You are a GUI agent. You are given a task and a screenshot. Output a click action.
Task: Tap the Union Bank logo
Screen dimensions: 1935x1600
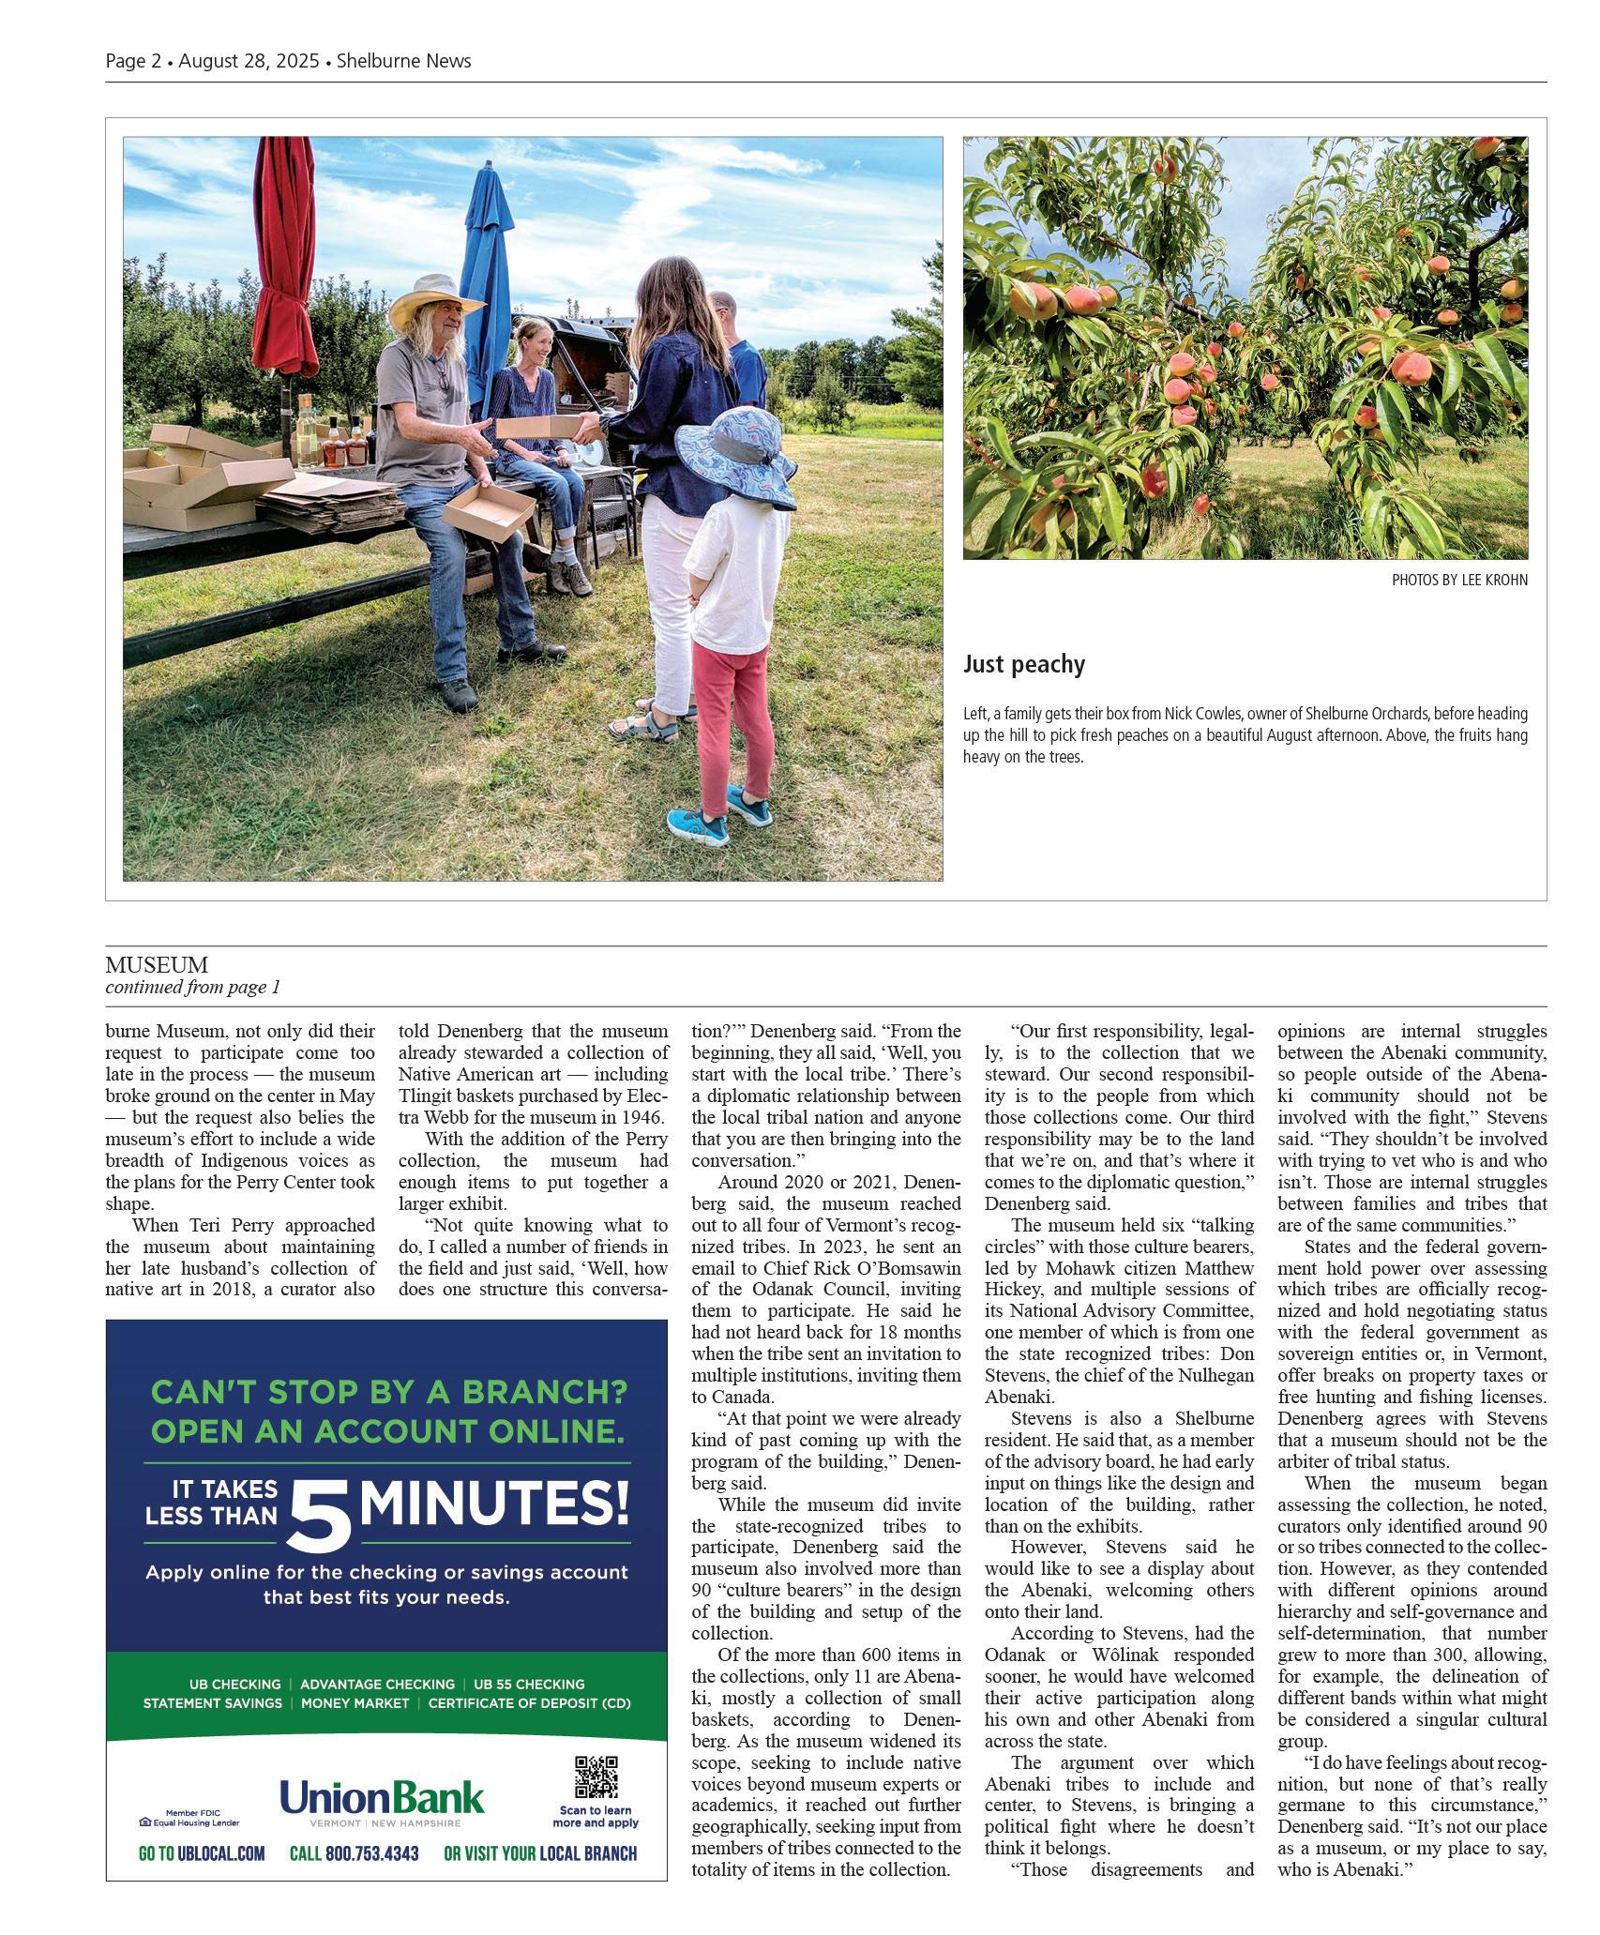382,1799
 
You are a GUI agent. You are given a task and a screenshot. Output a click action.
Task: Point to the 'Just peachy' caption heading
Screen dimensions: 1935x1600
1023,664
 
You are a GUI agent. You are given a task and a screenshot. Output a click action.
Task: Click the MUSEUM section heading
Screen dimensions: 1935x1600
157,964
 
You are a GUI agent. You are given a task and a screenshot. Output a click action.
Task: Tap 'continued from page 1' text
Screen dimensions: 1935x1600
192,987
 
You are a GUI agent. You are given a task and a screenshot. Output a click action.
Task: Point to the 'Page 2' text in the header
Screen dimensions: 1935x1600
132,61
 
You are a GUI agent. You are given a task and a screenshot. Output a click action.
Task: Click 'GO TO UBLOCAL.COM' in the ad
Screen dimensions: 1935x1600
202,1853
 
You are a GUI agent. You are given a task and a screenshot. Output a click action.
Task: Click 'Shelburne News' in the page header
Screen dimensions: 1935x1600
403,61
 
